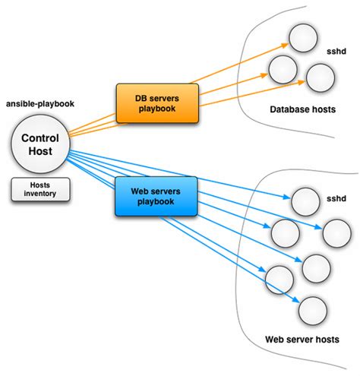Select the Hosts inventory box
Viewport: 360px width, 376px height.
click(x=40, y=190)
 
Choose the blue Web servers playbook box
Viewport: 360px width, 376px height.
click(x=156, y=195)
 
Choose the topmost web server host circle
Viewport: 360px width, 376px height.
click(x=306, y=201)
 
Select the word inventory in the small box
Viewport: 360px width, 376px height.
click(x=40, y=194)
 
